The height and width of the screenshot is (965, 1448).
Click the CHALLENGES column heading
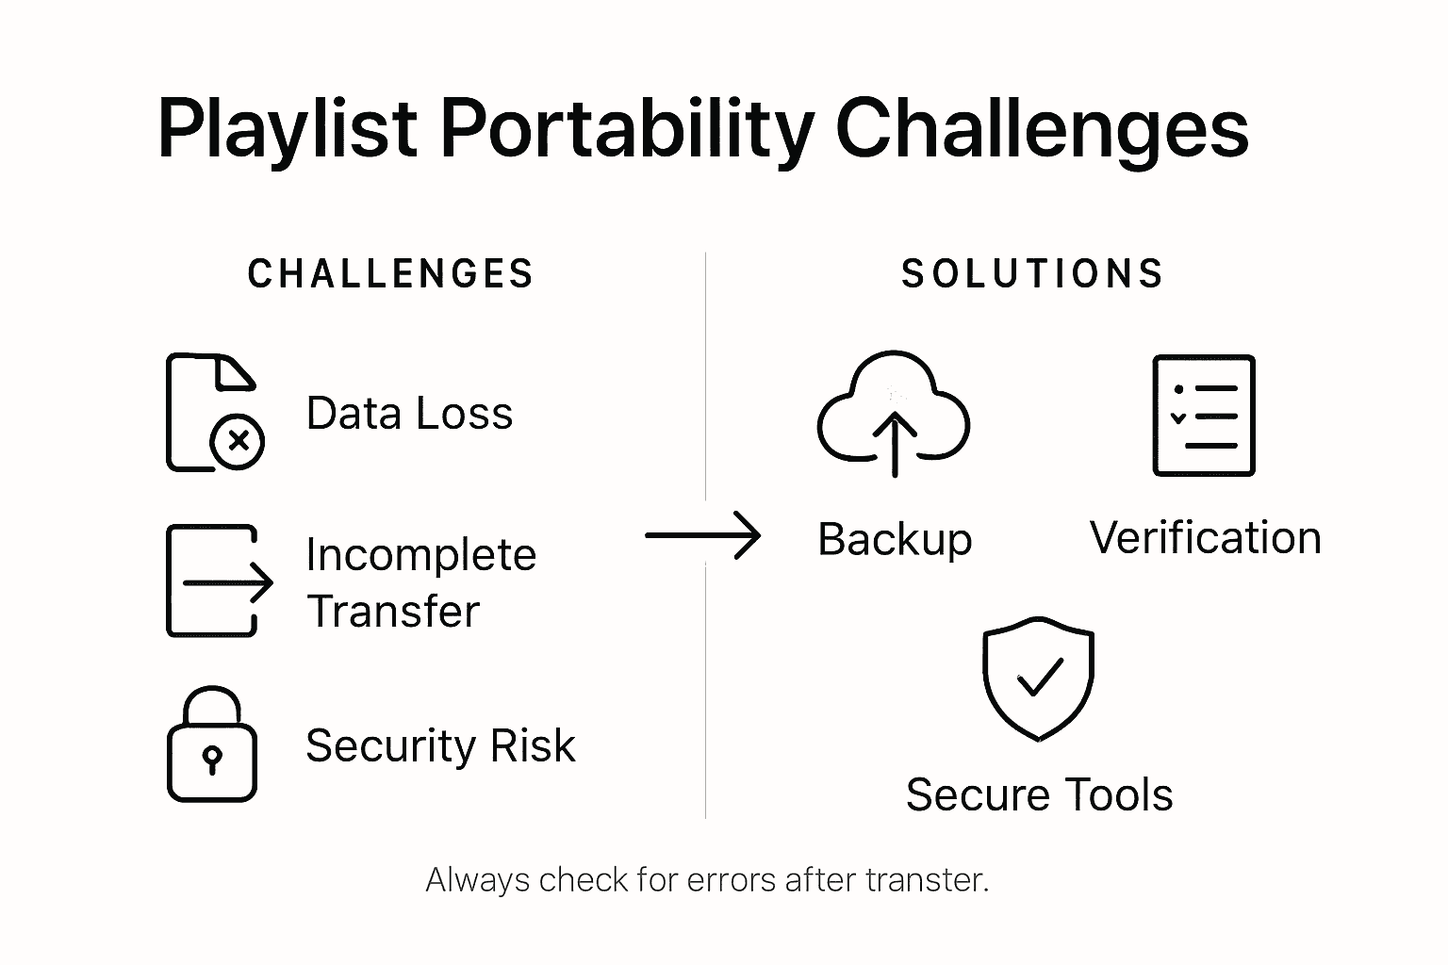pyautogui.click(x=390, y=274)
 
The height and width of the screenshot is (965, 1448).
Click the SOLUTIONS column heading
pyautogui.click(x=1032, y=274)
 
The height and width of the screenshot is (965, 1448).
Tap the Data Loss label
pyautogui.click(x=409, y=414)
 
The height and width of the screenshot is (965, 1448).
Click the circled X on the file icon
pyautogui.click(x=238, y=440)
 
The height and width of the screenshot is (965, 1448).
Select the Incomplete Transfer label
pyautogui.click(x=420, y=582)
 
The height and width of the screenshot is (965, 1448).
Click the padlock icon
pyautogui.click(x=212, y=744)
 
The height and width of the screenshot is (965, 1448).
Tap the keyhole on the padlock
pyautogui.click(x=212, y=759)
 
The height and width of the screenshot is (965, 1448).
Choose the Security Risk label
pyautogui.click(x=440, y=746)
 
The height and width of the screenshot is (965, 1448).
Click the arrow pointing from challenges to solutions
pyautogui.click(x=703, y=536)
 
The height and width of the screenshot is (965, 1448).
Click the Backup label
pyautogui.click(x=894, y=539)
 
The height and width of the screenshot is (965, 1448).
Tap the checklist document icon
pyautogui.click(x=1204, y=415)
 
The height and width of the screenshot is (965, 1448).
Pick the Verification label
pyautogui.click(x=1205, y=538)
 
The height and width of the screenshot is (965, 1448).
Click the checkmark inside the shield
pyautogui.click(x=1038, y=677)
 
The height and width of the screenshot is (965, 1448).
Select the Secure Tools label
pyautogui.click(x=1039, y=794)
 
